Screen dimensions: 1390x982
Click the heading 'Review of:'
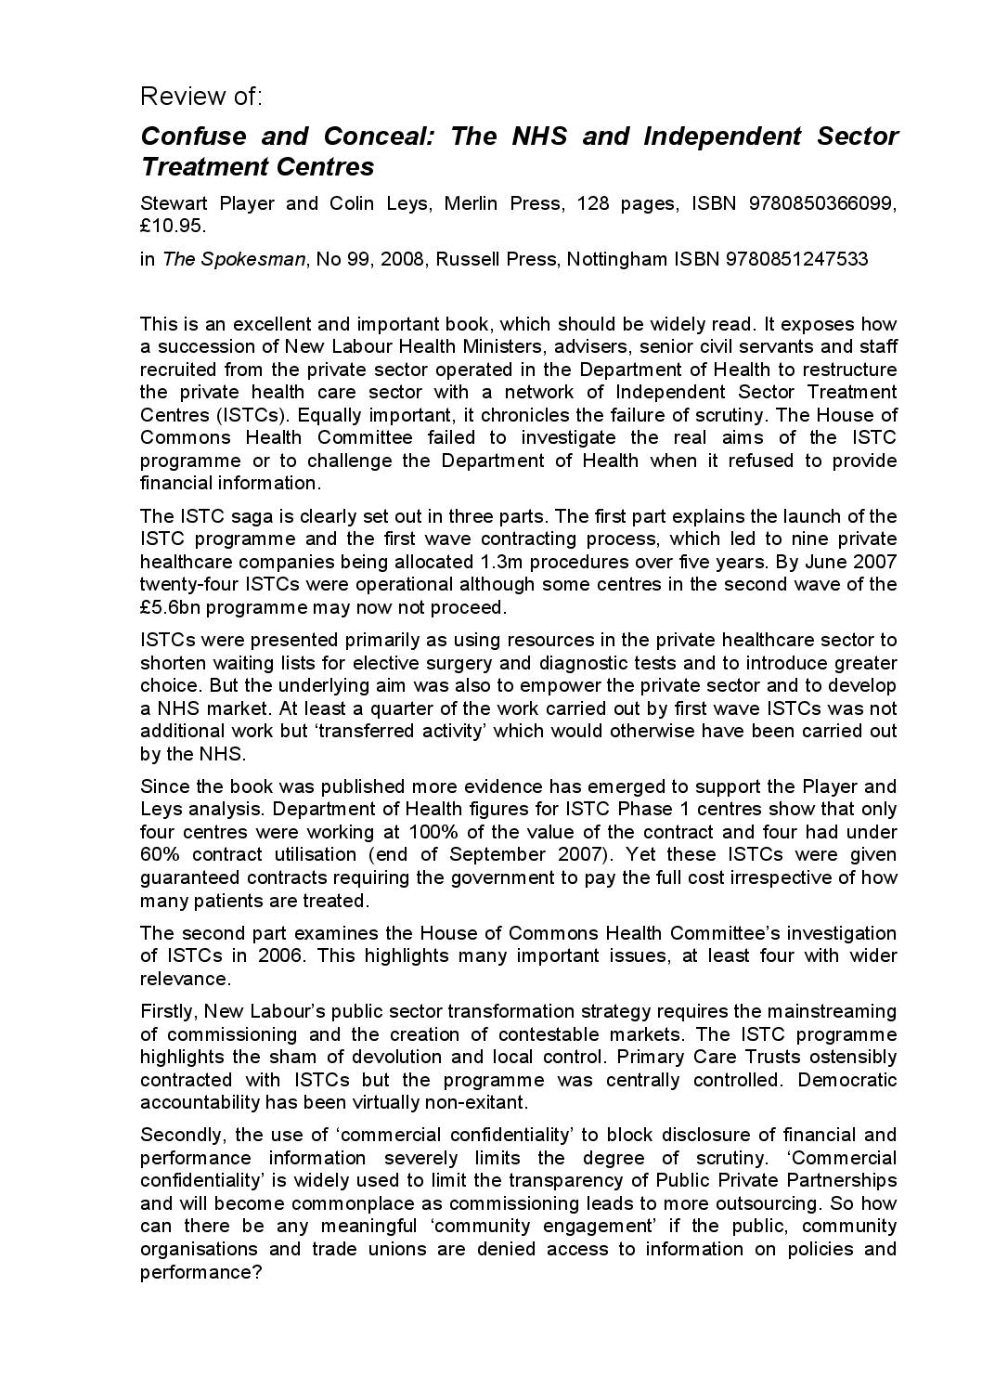point(201,97)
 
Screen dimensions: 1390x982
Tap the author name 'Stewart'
point(173,203)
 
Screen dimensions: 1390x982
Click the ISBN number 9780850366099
point(822,203)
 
